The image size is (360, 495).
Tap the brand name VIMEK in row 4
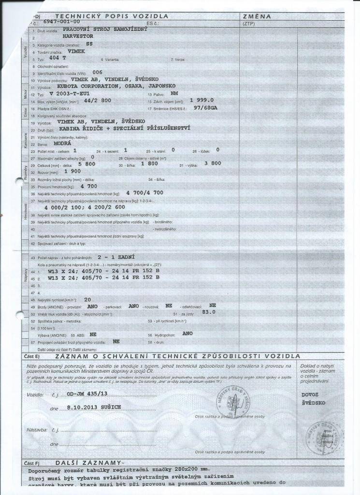(x=76, y=51)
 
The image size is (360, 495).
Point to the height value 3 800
(x=213, y=163)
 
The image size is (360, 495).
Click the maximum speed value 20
(x=87, y=299)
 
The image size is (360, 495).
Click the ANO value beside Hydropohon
(x=187, y=334)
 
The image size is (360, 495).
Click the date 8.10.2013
(x=80, y=408)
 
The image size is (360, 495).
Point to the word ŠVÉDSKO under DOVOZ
(x=314, y=403)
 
